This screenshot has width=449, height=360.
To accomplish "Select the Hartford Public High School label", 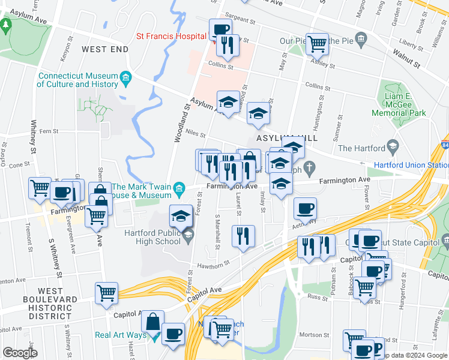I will click(x=152, y=238).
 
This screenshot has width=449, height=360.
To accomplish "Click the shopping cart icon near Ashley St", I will click(x=317, y=43).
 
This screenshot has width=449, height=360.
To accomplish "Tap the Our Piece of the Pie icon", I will click(x=361, y=41).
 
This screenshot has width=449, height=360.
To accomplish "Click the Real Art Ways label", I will click(x=120, y=335).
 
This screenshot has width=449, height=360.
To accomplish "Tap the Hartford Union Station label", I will click(x=411, y=165).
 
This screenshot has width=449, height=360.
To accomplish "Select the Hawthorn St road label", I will click(x=212, y=265).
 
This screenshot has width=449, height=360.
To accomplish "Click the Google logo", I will click(x=20, y=353).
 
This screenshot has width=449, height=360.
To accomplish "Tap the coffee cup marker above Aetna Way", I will click(x=305, y=209).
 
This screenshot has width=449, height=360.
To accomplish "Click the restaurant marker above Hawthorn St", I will click(x=243, y=235).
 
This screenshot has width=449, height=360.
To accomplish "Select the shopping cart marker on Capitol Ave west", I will click(x=106, y=293).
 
